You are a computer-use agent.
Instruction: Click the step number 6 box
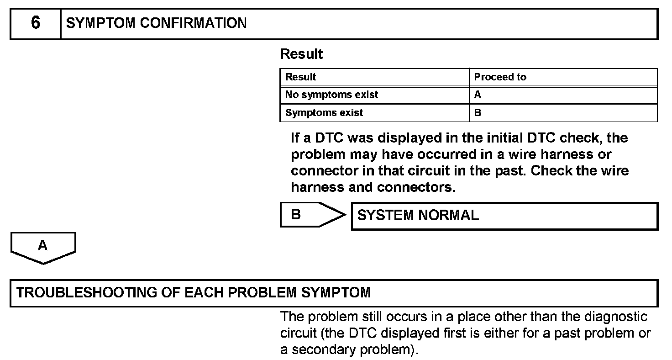[35, 23]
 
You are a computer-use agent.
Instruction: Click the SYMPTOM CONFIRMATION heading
[156, 23]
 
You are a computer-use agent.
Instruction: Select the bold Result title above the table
[301, 54]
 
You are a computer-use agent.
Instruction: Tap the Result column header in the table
[300, 77]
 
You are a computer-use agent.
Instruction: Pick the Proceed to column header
[500, 77]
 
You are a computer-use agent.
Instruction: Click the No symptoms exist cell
[331, 95]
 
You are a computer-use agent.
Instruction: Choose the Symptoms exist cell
[324, 112]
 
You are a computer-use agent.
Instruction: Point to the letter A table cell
[478, 95]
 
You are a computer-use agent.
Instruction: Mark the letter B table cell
[478, 112]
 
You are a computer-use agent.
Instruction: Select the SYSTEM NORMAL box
[504, 216]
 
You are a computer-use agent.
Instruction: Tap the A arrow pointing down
[43, 247]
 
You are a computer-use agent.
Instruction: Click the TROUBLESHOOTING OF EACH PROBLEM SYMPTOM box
[333, 292]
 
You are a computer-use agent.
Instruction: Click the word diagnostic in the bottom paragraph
[615, 317]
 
